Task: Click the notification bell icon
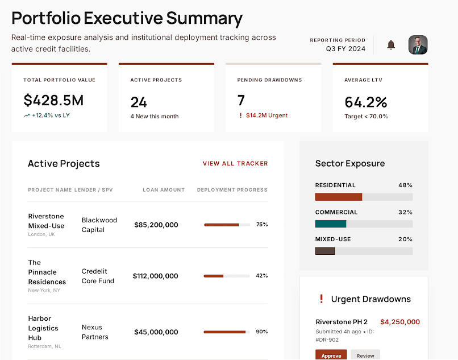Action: [391, 45]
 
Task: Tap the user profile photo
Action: [418, 45]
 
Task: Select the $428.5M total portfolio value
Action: [53, 101]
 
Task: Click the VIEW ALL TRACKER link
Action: [235, 164]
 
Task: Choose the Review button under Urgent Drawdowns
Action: [365, 355]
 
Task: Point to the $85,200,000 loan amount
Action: [156, 225]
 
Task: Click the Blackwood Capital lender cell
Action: [99, 225]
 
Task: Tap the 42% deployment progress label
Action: [262, 276]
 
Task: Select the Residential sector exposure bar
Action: [339, 197]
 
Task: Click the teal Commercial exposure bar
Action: [331, 224]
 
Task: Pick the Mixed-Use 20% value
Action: [406, 239]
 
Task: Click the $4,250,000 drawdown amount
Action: [400, 322]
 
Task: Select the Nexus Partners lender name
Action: [95, 332]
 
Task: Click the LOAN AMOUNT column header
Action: [164, 190]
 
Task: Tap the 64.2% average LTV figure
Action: [366, 102]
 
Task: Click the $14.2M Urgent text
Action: [267, 115]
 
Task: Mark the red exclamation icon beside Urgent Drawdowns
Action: [321, 299]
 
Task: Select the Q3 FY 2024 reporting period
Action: [345, 49]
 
